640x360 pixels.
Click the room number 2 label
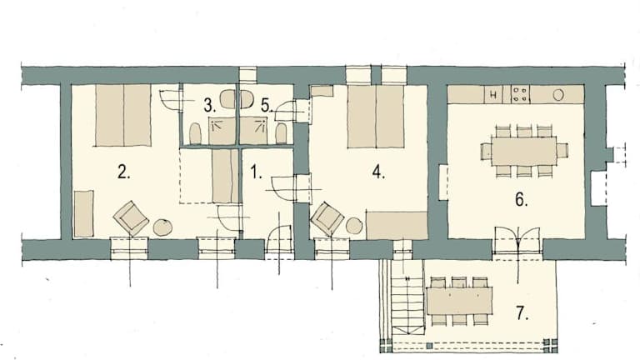(123, 172)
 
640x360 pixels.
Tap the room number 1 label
(256, 172)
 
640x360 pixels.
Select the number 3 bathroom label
(209, 106)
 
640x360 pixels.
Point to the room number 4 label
(378, 172)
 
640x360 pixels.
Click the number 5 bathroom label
(266, 106)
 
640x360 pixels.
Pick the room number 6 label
(521, 200)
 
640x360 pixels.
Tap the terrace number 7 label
(522, 313)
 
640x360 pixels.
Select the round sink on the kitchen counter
(558, 95)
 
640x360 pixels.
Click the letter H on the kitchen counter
(493, 95)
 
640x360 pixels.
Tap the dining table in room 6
(524, 151)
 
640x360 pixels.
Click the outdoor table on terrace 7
(459, 300)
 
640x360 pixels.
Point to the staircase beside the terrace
(407, 300)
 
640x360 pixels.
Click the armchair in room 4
(327, 219)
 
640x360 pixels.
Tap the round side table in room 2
(162, 227)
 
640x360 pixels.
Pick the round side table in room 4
(355, 226)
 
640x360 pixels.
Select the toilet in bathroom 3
(196, 133)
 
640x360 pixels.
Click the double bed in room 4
(376, 117)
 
